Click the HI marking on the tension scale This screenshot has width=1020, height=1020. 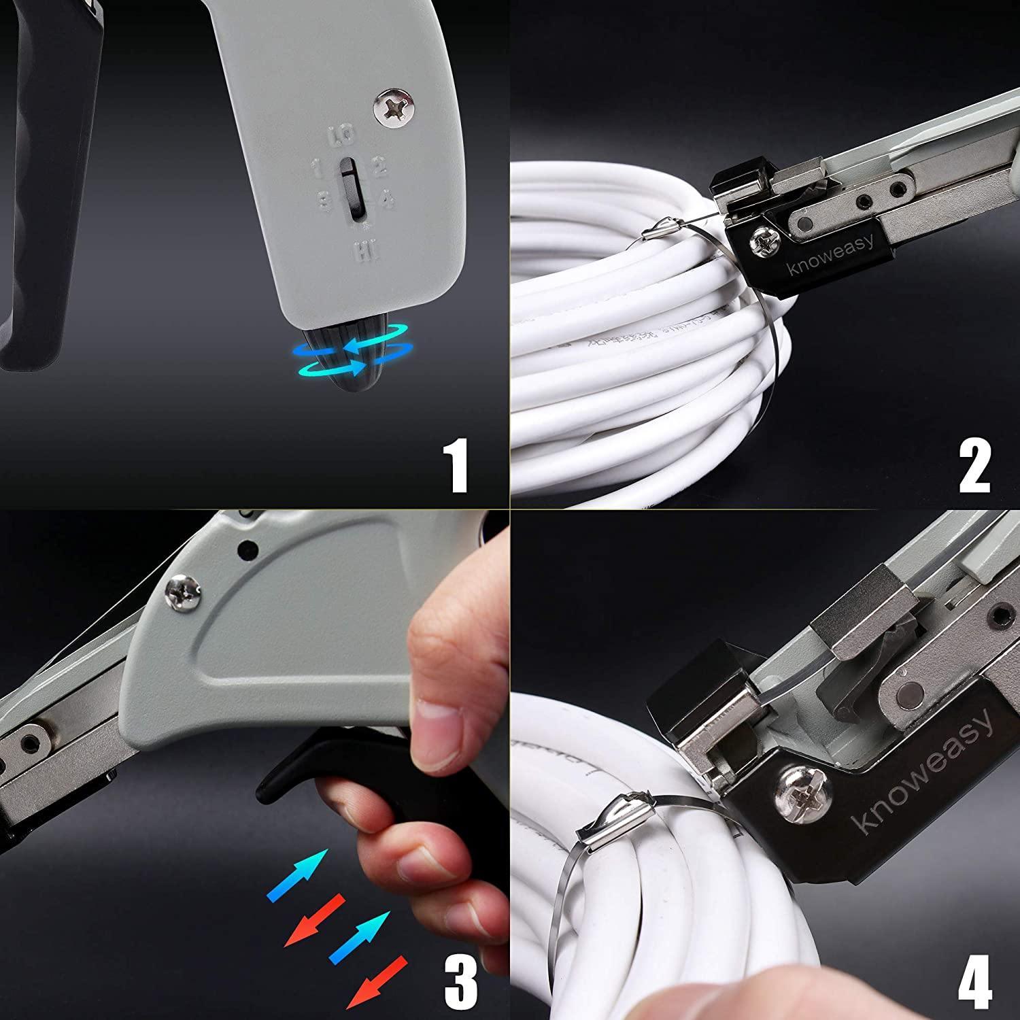[x=362, y=254]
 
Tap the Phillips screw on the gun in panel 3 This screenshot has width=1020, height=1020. [x=183, y=591]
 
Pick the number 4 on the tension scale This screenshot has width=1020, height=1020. [x=386, y=200]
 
